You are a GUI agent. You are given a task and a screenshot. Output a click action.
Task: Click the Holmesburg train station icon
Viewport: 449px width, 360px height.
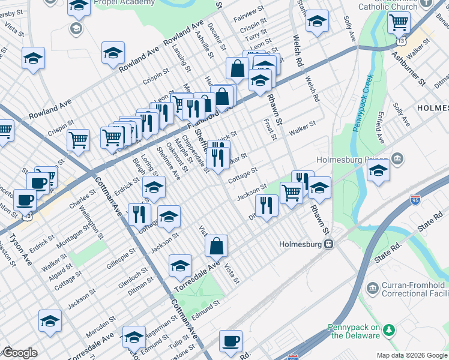[328, 244]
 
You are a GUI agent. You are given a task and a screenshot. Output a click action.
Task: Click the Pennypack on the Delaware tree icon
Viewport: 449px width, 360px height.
[389, 329]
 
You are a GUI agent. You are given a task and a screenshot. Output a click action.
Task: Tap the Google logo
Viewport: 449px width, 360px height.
[19, 353]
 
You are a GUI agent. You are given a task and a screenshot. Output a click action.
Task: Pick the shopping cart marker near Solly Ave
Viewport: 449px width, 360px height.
[399, 23]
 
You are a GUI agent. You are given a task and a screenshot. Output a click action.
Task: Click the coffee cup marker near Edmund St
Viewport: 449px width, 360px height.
[231, 341]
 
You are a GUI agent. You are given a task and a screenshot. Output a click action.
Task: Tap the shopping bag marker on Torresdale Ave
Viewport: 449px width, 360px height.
[216, 246]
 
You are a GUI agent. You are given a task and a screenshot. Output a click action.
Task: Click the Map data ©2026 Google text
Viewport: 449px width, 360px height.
[411, 354]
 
